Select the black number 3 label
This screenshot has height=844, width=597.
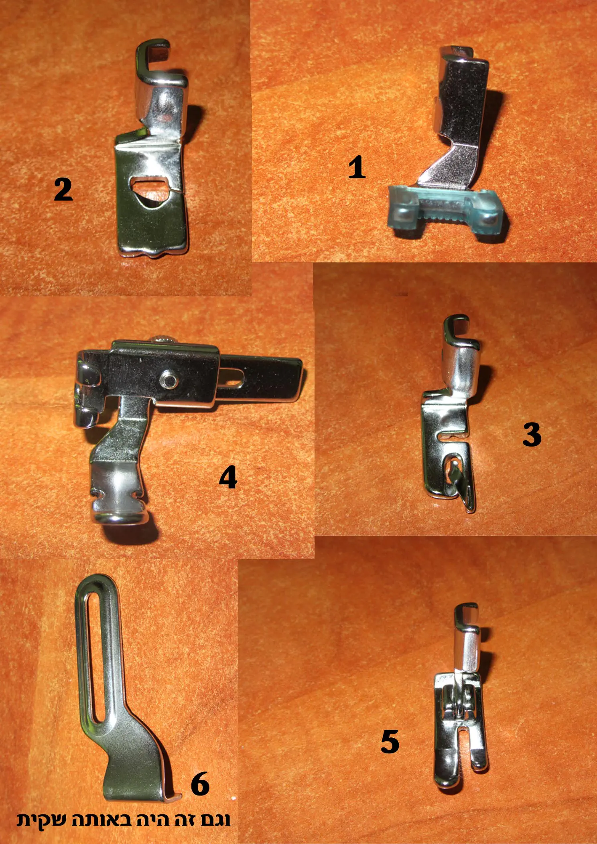532,434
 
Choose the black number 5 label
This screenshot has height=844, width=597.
390,741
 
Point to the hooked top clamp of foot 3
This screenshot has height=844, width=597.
461,333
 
